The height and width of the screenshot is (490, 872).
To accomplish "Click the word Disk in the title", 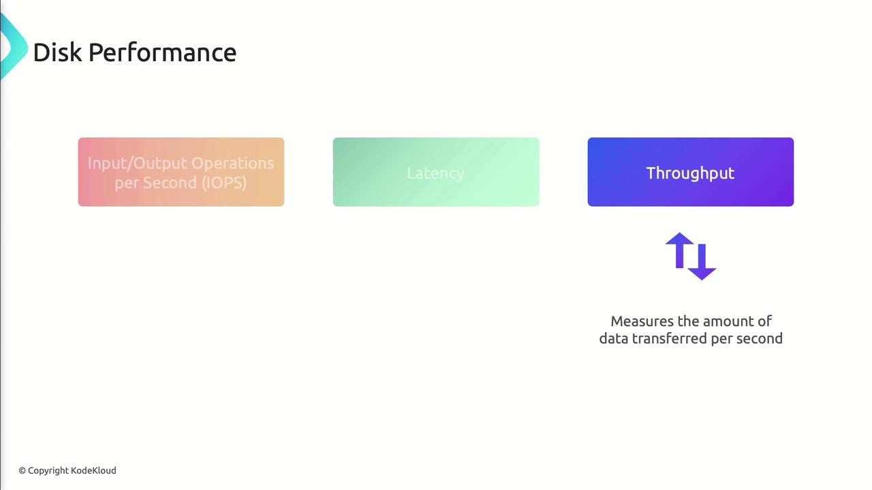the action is pyautogui.click(x=58, y=52).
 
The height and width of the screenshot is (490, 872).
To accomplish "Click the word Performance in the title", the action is pyautogui.click(x=162, y=53).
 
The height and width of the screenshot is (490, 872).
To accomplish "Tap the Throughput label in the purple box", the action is pyautogui.click(x=690, y=174).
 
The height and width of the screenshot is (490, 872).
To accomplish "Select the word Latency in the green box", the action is pyautogui.click(x=435, y=174).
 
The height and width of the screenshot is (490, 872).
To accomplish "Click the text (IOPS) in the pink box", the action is pyautogui.click(x=224, y=182).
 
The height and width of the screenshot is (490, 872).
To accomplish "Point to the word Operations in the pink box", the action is pyautogui.click(x=232, y=164).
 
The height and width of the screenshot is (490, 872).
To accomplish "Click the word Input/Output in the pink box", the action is pyautogui.click(x=138, y=164).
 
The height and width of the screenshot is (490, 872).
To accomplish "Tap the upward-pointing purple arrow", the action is pyautogui.click(x=680, y=250).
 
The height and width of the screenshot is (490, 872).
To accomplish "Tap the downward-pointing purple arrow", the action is pyautogui.click(x=702, y=262).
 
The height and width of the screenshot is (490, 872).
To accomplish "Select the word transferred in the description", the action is pyautogui.click(x=669, y=338).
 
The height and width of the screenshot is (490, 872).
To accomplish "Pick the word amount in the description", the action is pyautogui.click(x=727, y=322).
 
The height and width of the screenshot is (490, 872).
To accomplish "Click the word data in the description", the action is pyautogui.click(x=614, y=338).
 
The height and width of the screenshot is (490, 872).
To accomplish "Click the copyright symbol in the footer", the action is pyautogui.click(x=22, y=471).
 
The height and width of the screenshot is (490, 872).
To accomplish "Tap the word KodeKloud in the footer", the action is pyautogui.click(x=93, y=470).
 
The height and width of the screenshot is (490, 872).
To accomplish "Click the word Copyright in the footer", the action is pyautogui.click(x=48, y=471).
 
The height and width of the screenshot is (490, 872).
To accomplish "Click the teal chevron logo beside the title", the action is pyautogui.click(x=13, y=47).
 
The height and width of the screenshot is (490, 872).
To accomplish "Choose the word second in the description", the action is pyautogui.click(x=760, y=338).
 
